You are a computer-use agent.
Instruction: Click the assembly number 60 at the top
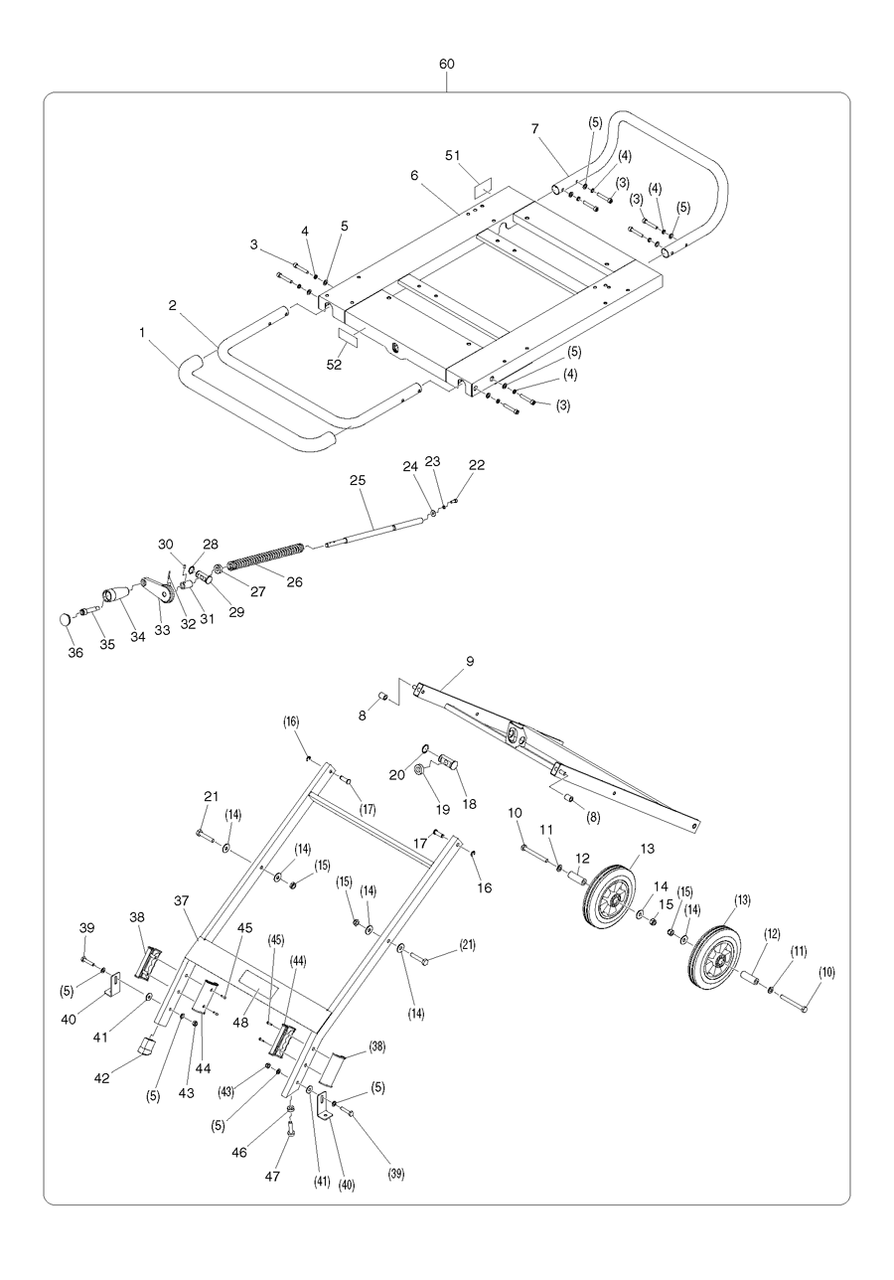[447, 64]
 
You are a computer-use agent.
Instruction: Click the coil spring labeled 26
[265, 556]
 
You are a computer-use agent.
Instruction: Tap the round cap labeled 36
[66, 619]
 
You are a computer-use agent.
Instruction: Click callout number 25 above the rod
[358, 479]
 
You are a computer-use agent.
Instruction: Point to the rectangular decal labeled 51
[482, 187]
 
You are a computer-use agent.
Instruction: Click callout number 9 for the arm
[470, 661]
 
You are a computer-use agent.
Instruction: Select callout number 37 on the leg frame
[182, 900]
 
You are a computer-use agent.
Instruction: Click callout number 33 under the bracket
[161, 629]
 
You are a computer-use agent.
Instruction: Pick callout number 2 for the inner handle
[173, 306]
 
